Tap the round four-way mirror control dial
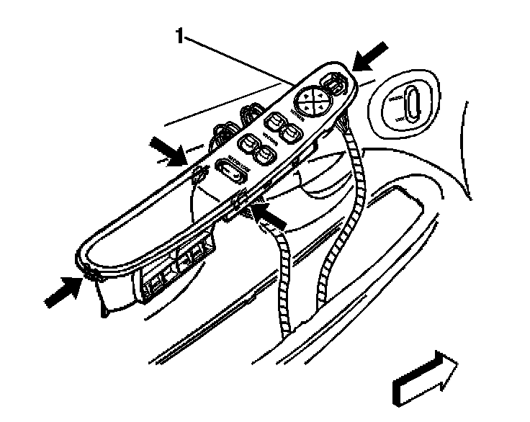311,100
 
